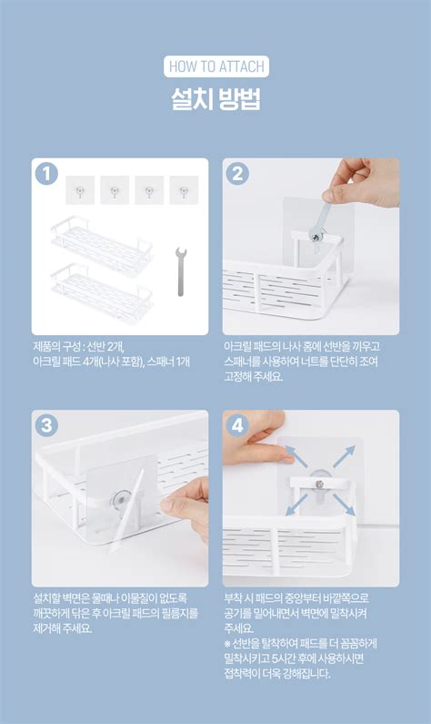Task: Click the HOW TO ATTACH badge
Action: click(x=215, y=66)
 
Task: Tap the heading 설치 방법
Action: click(x=215, y=98)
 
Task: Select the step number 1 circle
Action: click(x=47, y=174)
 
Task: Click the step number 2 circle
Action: click(x=238, y=174)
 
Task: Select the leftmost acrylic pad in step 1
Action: click(x=80, y=190)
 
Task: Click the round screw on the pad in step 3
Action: click(x=120, y=498)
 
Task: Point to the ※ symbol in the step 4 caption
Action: click(x=227, y=644)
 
